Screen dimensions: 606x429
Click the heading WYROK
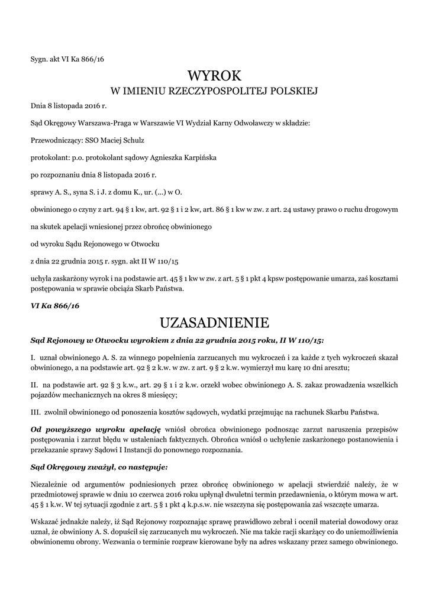click(214, 76)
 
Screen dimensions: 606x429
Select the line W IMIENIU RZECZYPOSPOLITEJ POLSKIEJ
click(214, 91)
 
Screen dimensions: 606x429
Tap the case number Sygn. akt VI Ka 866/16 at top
click(67, 58)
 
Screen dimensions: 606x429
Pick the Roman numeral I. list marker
click(33, 358)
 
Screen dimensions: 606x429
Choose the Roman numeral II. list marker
click(34, 385)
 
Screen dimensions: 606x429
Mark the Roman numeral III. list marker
click(35, 411)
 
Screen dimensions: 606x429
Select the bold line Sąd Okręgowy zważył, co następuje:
click(99, 466)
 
